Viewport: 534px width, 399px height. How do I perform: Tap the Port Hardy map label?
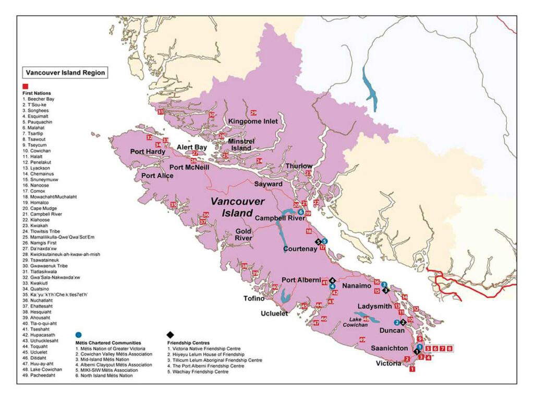click(x=148, y=152)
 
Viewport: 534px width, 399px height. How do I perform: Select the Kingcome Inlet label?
click(x=253, y=121)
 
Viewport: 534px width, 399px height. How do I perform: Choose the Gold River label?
click(x=244, y=234)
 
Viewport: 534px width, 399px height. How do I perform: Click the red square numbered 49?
click(x=362, y=340)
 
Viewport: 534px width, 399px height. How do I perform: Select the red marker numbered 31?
click(x=160, y=112)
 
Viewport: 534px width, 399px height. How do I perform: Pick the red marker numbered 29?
click(x=253, y=113)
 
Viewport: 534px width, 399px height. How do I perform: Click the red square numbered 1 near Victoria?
click(x=412, y=369)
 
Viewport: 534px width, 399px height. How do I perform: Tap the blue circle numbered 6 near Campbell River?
click(x=300, y=212)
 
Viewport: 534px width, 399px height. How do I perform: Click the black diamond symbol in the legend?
click(x=170, y=334)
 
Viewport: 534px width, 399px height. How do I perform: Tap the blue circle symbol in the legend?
click(x=78, y=334)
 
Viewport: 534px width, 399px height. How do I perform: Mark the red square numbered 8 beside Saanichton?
click(x=450, y=348)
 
